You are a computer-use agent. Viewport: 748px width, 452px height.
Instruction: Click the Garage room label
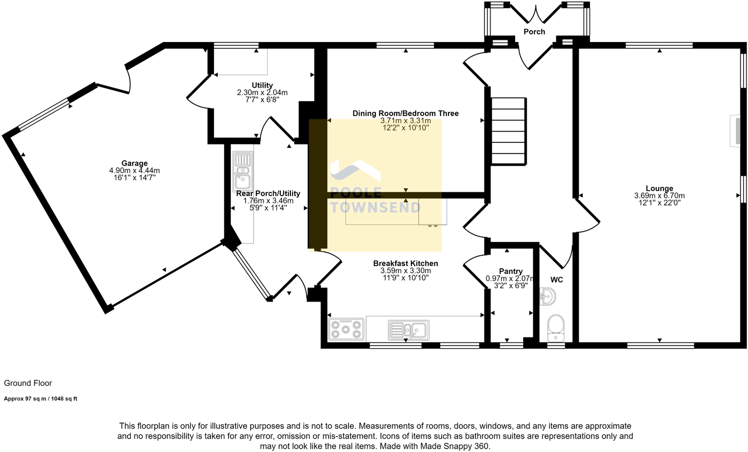134,163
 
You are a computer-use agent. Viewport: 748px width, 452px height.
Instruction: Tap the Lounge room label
659,188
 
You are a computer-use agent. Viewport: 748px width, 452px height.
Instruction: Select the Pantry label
510,271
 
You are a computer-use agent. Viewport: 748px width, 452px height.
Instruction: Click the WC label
557,280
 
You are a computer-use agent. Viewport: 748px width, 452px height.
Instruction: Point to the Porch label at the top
535,32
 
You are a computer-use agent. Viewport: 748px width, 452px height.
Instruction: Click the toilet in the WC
556,328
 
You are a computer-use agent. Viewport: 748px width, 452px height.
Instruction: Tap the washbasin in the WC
547,296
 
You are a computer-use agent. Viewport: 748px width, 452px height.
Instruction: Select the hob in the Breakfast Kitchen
346,329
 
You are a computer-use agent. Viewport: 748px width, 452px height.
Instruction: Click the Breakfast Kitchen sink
408,330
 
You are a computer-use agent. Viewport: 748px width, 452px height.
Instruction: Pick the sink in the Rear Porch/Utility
243,171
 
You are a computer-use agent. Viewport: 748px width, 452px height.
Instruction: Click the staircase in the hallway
508,131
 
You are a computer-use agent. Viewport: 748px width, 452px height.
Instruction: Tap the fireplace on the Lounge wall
737,131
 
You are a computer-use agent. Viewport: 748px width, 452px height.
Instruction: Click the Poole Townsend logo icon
355,170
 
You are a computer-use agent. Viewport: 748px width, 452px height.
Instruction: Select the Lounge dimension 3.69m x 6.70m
659,196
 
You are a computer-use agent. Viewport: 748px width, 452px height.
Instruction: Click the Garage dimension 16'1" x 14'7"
134,177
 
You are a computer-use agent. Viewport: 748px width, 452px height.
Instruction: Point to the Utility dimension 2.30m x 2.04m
262,92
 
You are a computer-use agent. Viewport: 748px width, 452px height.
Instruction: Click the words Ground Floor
28,383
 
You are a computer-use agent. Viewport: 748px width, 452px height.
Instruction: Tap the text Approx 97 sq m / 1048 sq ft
40,399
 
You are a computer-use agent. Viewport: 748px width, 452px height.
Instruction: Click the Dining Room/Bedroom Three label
405,113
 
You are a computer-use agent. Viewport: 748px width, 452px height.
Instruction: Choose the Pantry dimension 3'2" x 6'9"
510,286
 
